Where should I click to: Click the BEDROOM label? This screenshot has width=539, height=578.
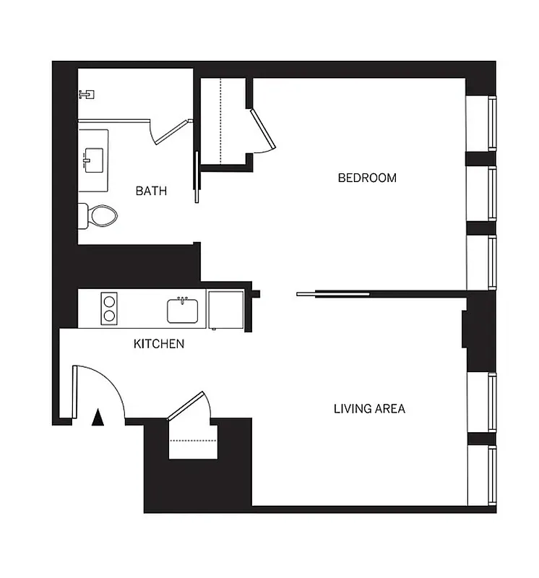[x=367, y=178]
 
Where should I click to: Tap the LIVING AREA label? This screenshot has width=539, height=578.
[x=368, y=409]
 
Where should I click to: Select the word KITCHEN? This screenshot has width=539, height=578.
[x=159, y=344]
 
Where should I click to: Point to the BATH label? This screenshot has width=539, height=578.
[x=151, y=191]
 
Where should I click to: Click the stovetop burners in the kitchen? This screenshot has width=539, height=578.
[x=110, y=308]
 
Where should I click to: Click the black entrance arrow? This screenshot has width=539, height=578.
[x=99, y=417]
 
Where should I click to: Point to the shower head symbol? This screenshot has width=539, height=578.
[x=87, y=94]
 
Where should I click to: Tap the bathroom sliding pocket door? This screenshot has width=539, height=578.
[x=195, y=177]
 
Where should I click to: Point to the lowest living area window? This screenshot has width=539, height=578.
[x=480, y=475]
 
